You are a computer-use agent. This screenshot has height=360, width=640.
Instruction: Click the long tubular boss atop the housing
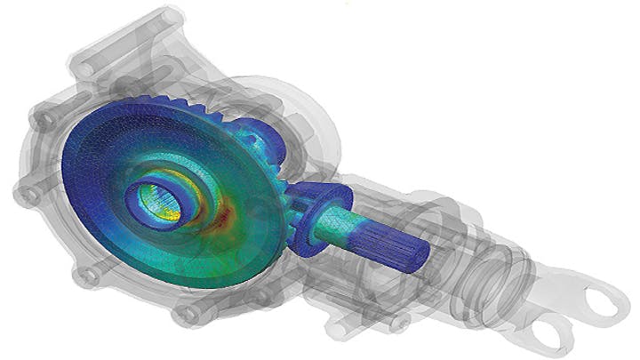point(133,31)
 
